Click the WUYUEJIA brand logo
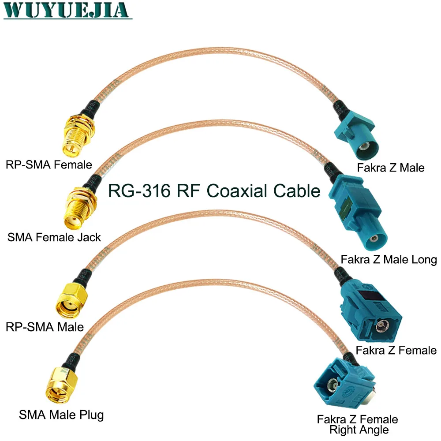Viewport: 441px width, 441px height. (x=67, y=10)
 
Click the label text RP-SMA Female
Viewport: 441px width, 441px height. (x=49, y=164)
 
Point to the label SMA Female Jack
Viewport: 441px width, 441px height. (x=54, y=238)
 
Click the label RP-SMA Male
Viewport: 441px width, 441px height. (x=45, y=327)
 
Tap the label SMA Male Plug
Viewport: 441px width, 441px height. (x=61, y=415)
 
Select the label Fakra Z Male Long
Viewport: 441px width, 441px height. (x=389, y=259)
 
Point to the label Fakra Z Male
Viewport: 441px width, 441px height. (x=391, y=168)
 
